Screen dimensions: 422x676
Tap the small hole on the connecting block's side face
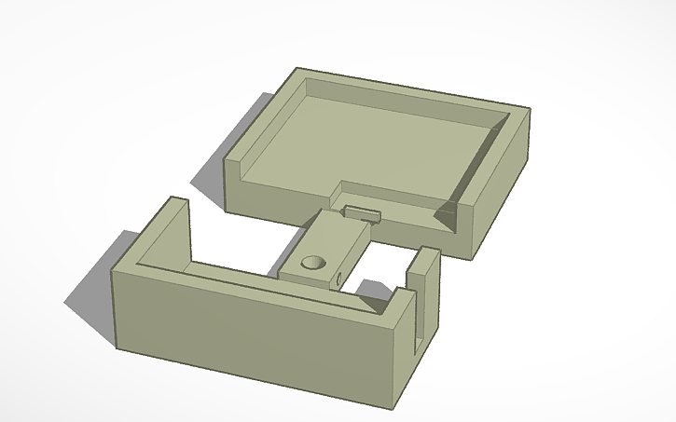point(336,277)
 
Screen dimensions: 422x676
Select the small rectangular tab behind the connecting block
point(363,213)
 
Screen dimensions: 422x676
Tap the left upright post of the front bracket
point(175,228)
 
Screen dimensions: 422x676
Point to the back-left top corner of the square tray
point(297,69)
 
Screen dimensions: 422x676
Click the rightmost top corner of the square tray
point(529,110)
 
